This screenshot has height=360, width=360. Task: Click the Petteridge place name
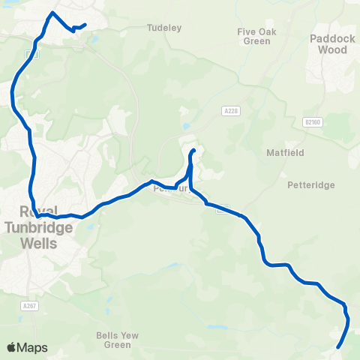(x=310, y=184)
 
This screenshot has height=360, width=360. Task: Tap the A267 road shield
(x=29, y=307)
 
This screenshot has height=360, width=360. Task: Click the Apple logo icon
(x=11, y=347)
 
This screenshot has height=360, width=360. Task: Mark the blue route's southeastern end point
(x=338, y=347)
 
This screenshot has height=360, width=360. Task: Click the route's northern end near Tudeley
(x=85, y=25)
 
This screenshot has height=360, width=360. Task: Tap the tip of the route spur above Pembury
(x=193, y=151)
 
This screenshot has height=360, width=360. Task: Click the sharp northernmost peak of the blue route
(x=51, y=13)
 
